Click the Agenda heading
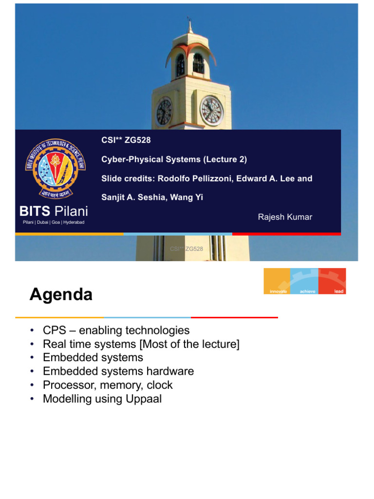(x=61, y=295)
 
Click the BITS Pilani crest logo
(x=55, y=169)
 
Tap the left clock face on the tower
(x=164, y=112)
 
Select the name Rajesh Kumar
(x=285, y=217)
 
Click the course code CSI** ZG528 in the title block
(x=126, y=141)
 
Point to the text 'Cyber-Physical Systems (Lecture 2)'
(x=174, y=159)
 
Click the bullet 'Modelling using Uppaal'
(x=102, y=399)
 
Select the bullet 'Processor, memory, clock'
(x=108, y=385)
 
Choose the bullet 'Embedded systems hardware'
(x=118, y=371)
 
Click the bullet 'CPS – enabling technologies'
(x=116, y=330)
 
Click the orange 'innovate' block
(x=277, y=281)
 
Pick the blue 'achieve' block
(x=304, y=281)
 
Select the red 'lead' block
(x=333, y=281)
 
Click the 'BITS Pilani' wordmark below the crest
(x=54, y=211)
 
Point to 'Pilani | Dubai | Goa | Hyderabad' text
(x=54, y=223)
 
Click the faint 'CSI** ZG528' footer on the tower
(x=187, y=249)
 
